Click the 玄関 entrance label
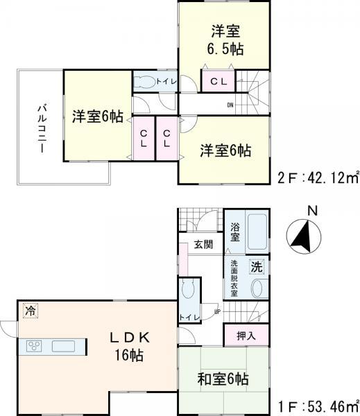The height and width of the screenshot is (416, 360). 203,244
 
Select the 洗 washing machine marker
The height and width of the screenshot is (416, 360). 256,266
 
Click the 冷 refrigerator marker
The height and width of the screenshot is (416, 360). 29,311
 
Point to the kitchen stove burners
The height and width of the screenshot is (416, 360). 35,346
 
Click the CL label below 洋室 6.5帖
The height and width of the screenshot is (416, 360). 218,82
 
